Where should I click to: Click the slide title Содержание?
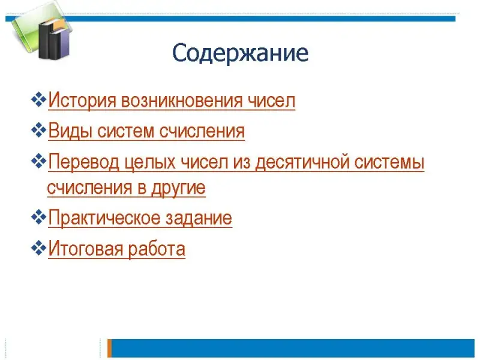click(x=241, y=53)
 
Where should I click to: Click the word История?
click(x=82, y=100)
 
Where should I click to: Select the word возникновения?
click(x=182, y=100)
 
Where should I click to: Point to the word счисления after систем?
click(x=202, y=131)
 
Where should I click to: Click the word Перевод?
click(x=83, y=162)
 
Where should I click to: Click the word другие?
click(x=178, y=188)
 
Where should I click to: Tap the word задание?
click(x=199, y=218)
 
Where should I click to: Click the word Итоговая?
click(x=86, y=248)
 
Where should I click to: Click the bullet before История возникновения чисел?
click(x=38, y=100)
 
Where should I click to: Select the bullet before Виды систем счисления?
click(x=38, y=130)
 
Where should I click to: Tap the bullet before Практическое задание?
click(x=38, y=217)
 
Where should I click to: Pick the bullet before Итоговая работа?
click(x=38, y=248)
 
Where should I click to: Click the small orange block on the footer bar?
click(x=109, y=348)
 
